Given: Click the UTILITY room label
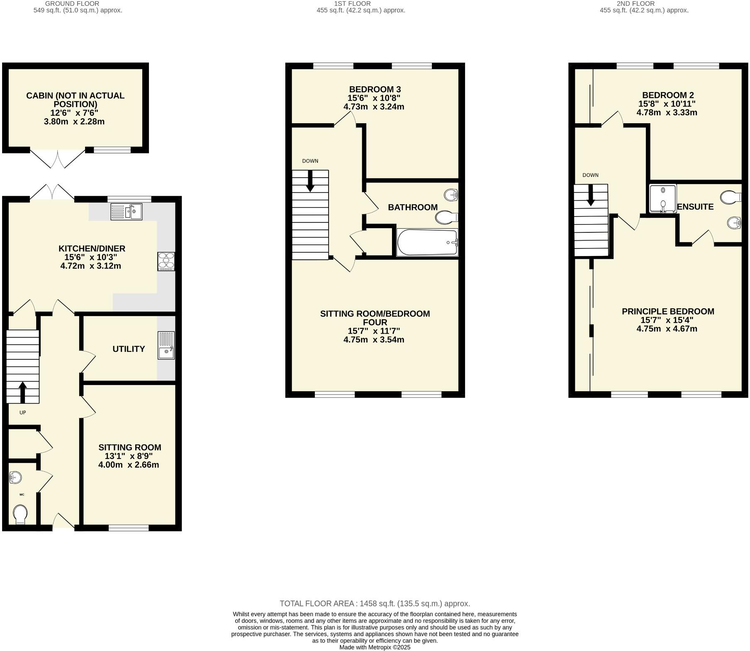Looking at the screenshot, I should coord(129,349).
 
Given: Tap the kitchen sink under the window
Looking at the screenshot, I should coord(126,211).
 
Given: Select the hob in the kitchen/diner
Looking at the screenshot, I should coord(166,261).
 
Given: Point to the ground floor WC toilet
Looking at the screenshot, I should coord(19,515).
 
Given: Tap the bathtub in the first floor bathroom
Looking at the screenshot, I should coord(427,242).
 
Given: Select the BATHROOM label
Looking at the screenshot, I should coord(412,207).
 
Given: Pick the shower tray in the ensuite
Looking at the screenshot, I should coord(662,199).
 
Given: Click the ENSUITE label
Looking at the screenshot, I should coord(695,207).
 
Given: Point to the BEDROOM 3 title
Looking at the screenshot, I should coord(375,89).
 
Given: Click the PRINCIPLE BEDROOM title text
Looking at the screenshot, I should coord(667,311).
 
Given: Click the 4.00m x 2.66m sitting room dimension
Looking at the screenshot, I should coord(129,465).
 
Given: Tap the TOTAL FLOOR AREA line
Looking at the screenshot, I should coord(375,603).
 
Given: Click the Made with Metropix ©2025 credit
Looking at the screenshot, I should coord(375,647).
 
